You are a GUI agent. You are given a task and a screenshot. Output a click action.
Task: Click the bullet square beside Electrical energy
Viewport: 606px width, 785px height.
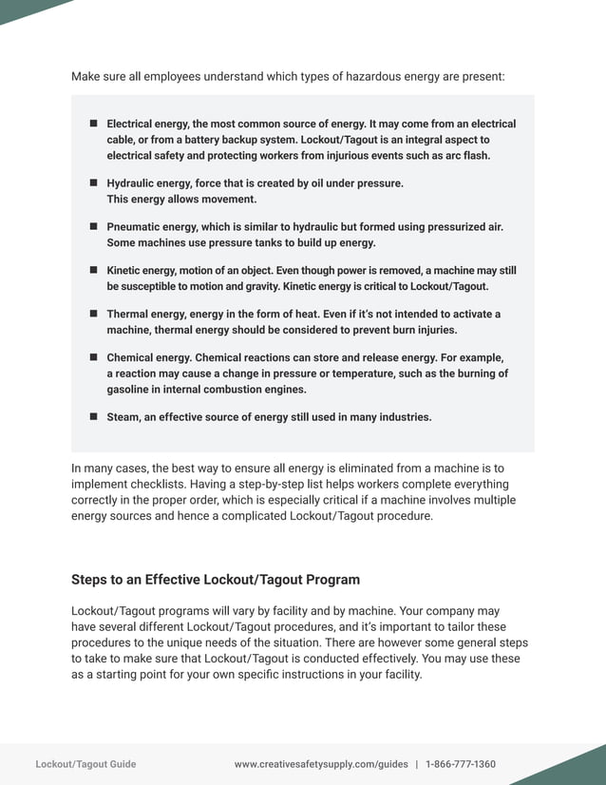(94, 124)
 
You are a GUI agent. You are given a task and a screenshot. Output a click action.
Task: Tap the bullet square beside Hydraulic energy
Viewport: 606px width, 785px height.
(94, 182)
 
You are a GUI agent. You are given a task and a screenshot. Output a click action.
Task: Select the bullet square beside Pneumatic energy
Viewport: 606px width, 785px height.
(94, 226)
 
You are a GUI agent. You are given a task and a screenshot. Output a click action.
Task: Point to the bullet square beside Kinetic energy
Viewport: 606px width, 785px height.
(94, 270)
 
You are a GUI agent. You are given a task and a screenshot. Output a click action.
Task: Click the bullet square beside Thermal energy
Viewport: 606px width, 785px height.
(94, 314)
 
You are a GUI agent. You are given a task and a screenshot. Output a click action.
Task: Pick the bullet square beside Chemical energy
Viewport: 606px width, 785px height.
(94, 357)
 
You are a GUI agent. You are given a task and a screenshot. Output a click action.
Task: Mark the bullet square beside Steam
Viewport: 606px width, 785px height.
(94, 416)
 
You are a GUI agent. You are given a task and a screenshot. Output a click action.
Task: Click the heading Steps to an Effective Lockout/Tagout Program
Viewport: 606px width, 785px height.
(216, 580)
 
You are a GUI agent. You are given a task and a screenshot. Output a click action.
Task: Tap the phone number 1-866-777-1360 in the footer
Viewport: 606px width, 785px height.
(461, 764)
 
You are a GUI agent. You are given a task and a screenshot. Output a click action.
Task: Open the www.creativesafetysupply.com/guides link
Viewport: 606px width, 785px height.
(321, 764)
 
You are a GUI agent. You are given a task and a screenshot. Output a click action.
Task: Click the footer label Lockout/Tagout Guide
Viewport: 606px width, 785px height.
(85, 764)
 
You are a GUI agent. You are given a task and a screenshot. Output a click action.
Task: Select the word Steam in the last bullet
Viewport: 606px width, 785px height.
(123, 416)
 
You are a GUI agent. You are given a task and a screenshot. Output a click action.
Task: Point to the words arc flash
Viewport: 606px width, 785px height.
(466, 156)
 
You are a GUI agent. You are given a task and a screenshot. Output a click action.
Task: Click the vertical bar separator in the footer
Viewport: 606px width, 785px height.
(417, 764)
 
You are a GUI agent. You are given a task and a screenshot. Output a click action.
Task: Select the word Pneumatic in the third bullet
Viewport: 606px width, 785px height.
(137, 226)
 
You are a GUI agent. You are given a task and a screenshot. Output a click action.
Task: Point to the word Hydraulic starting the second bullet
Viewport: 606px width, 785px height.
(133, 182)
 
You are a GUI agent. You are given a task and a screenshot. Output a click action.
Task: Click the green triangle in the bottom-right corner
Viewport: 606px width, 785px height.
(580, 769)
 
